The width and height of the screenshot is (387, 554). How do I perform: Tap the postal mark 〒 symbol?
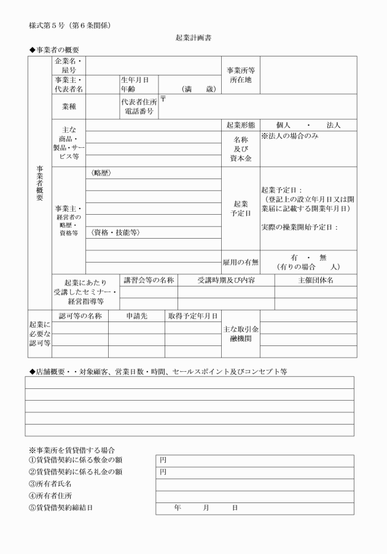pyautogui.click(x=163, y=100)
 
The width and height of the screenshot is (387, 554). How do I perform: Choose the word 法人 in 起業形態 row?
pyautogui.click(x=334, y=125)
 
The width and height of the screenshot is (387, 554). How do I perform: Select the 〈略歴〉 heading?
pyautogui.click(x=101, y=173)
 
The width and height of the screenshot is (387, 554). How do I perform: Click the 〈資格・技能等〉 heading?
pyautogui.click(x=115, y=233)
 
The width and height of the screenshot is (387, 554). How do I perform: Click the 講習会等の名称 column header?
pyautogui.click(x=149, y=280)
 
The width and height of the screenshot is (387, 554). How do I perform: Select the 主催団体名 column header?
pyautogui.click(x=315, y=280)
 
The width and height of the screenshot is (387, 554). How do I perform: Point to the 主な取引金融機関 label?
pyautogui.click(x=240, y=334)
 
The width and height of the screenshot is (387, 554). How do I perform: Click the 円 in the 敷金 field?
pyautogui.click(x=163, y=460)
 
